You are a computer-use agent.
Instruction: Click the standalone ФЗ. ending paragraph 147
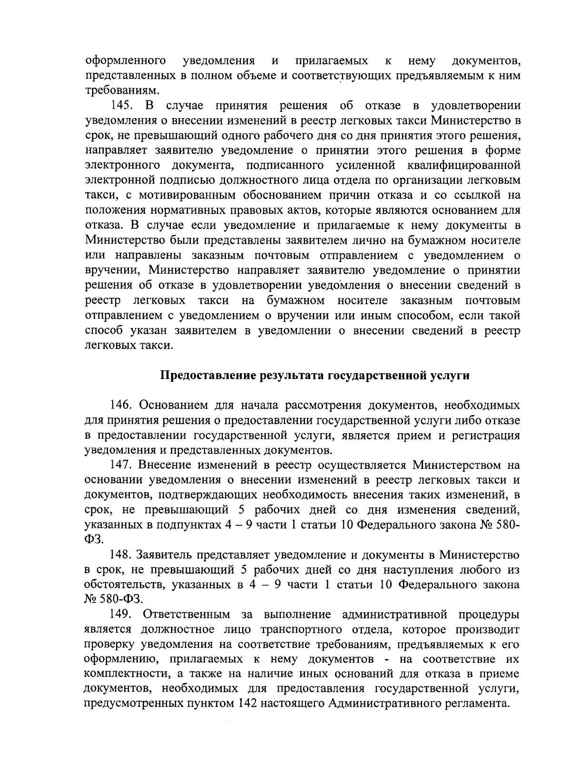[93, 540]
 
